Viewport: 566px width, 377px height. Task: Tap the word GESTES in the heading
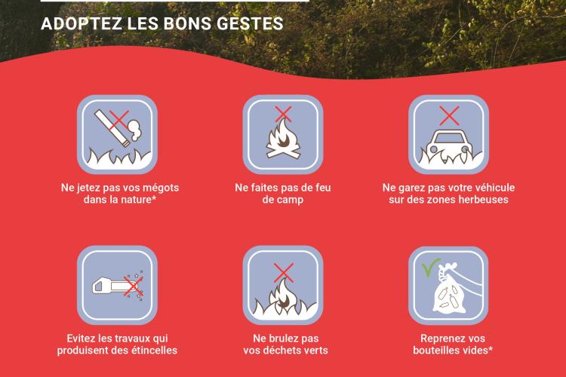tap(250, 24)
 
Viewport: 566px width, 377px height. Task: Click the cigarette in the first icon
tap(112, 128)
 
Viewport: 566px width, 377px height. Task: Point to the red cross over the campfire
tap(283, 114)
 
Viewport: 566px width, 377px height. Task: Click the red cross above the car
tap(449, 115)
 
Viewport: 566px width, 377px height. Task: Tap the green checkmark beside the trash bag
tap(431, 267)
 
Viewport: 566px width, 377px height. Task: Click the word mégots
tap(161, 188)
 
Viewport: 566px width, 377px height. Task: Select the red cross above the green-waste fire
tap(283, 272)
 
